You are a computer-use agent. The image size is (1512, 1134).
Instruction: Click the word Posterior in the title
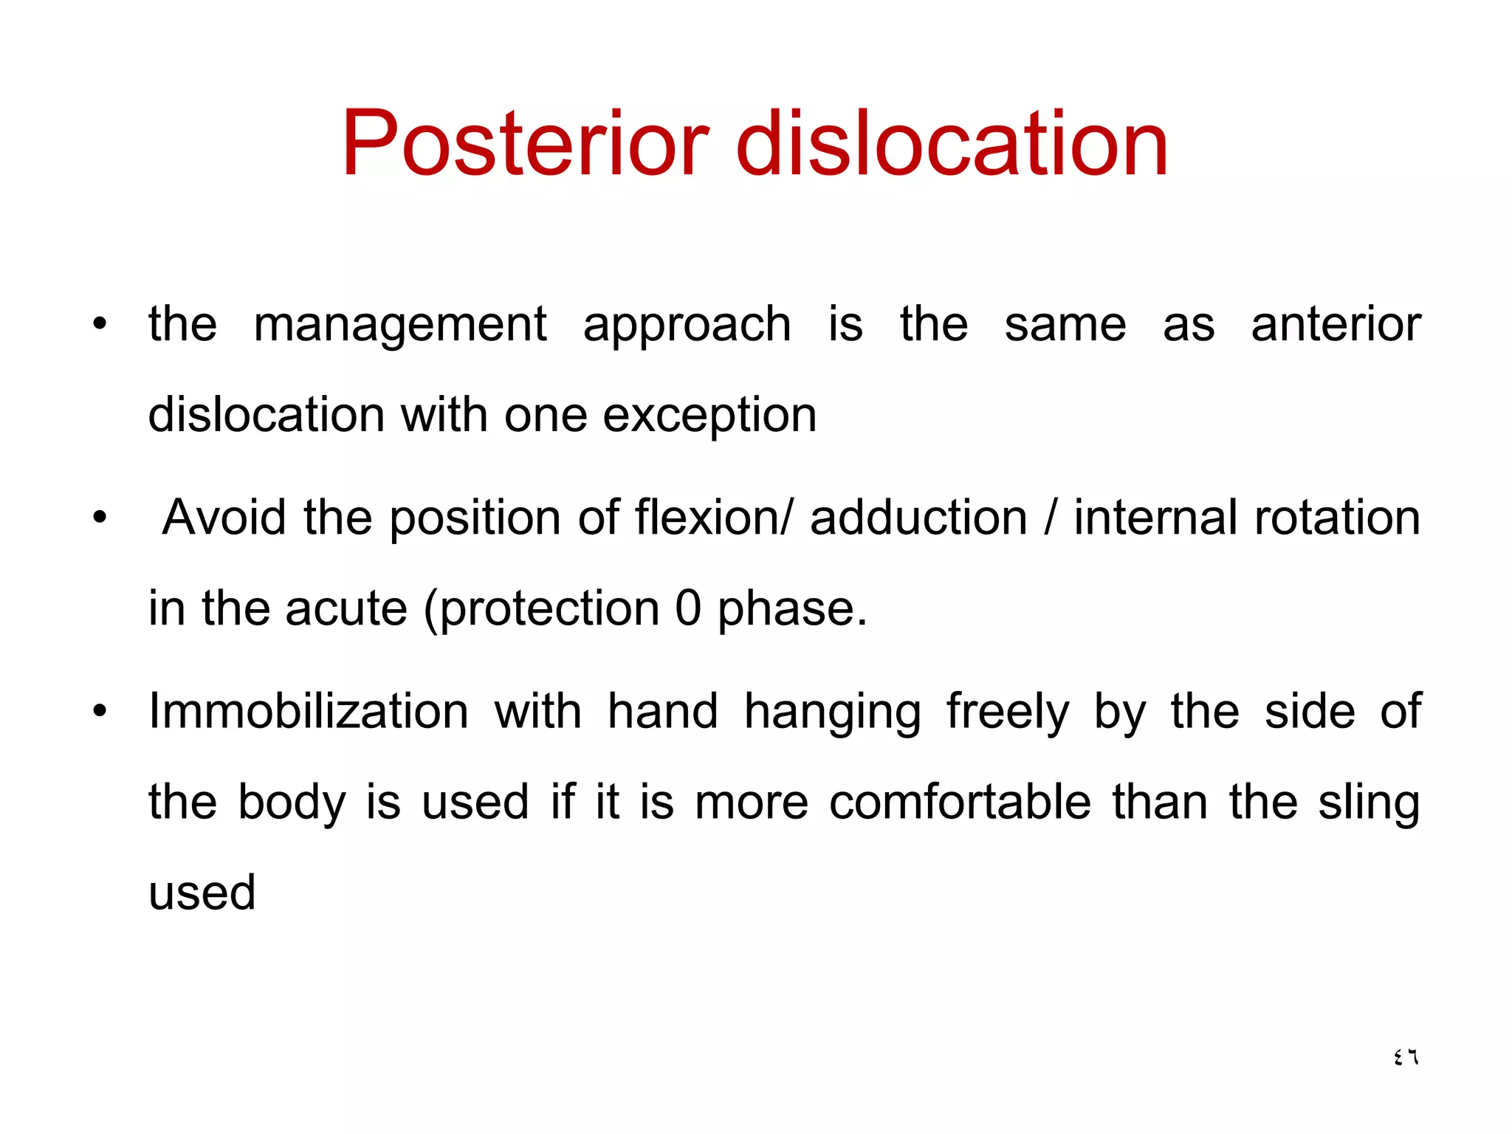pos(525,144)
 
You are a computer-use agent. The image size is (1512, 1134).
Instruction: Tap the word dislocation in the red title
pos(952,144)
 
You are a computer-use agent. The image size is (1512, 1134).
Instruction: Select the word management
pos(399,326)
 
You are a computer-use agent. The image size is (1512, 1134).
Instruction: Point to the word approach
pos(687,326)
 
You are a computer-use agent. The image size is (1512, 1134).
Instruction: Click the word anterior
pos(1336,326)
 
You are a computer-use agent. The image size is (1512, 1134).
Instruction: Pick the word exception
pos(709,416)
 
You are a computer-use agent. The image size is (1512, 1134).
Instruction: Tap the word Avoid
pos(224,518)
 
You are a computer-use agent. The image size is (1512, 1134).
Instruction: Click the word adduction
pos(918,518)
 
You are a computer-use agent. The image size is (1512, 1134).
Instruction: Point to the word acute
pos(346,609)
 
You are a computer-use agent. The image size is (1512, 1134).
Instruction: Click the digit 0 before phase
pos(687,609)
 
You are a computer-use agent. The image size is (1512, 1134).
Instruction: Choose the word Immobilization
pos(309,712)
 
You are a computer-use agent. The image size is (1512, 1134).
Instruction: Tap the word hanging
pos(832,713)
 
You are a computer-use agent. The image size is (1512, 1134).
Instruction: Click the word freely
pos(1008,713)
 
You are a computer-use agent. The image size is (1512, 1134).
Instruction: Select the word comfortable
pos(960,803)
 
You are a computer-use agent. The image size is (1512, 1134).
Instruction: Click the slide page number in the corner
pos(1406,1057)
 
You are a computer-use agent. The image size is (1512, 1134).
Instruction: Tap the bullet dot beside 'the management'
pos(100,324)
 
